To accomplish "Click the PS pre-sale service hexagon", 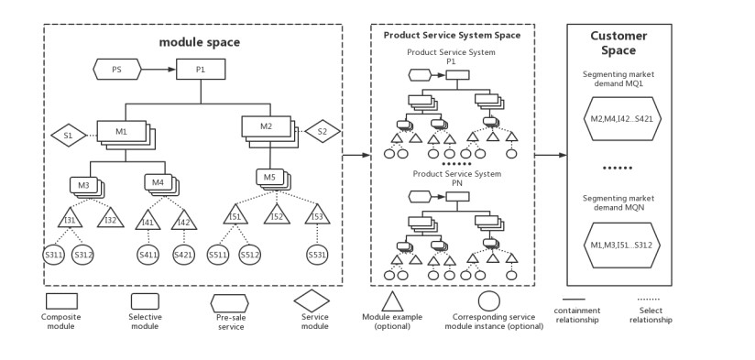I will click(x=115, y=68).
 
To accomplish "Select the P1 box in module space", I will click(x=202, y=69).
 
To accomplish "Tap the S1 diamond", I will click(x=68, y=136).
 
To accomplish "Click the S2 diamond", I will click(x=322, y=131).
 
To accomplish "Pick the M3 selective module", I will click(x=83, y=185).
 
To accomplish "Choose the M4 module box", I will click(x=158, y=182).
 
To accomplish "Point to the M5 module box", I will click(x=269, y=177).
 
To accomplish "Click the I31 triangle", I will click(x=70, y=219).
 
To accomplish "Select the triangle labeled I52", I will click(x=278, y=216).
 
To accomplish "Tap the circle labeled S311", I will click(x=54, y=255).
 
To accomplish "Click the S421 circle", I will click(x=183, y=255).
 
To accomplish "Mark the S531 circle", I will click(x=317, y=255).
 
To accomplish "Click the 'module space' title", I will click(x=199, y=42).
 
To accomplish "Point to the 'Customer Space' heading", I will click(x=618, y=43).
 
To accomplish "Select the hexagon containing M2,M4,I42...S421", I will click(x=620, y=118).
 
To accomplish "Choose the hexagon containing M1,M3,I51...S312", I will click(x=620, y=245).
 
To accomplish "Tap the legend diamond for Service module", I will click(x=311, y=300).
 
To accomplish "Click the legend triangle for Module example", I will click(x=392, y=301).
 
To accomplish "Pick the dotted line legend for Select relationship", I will click(x=650, y=299).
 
